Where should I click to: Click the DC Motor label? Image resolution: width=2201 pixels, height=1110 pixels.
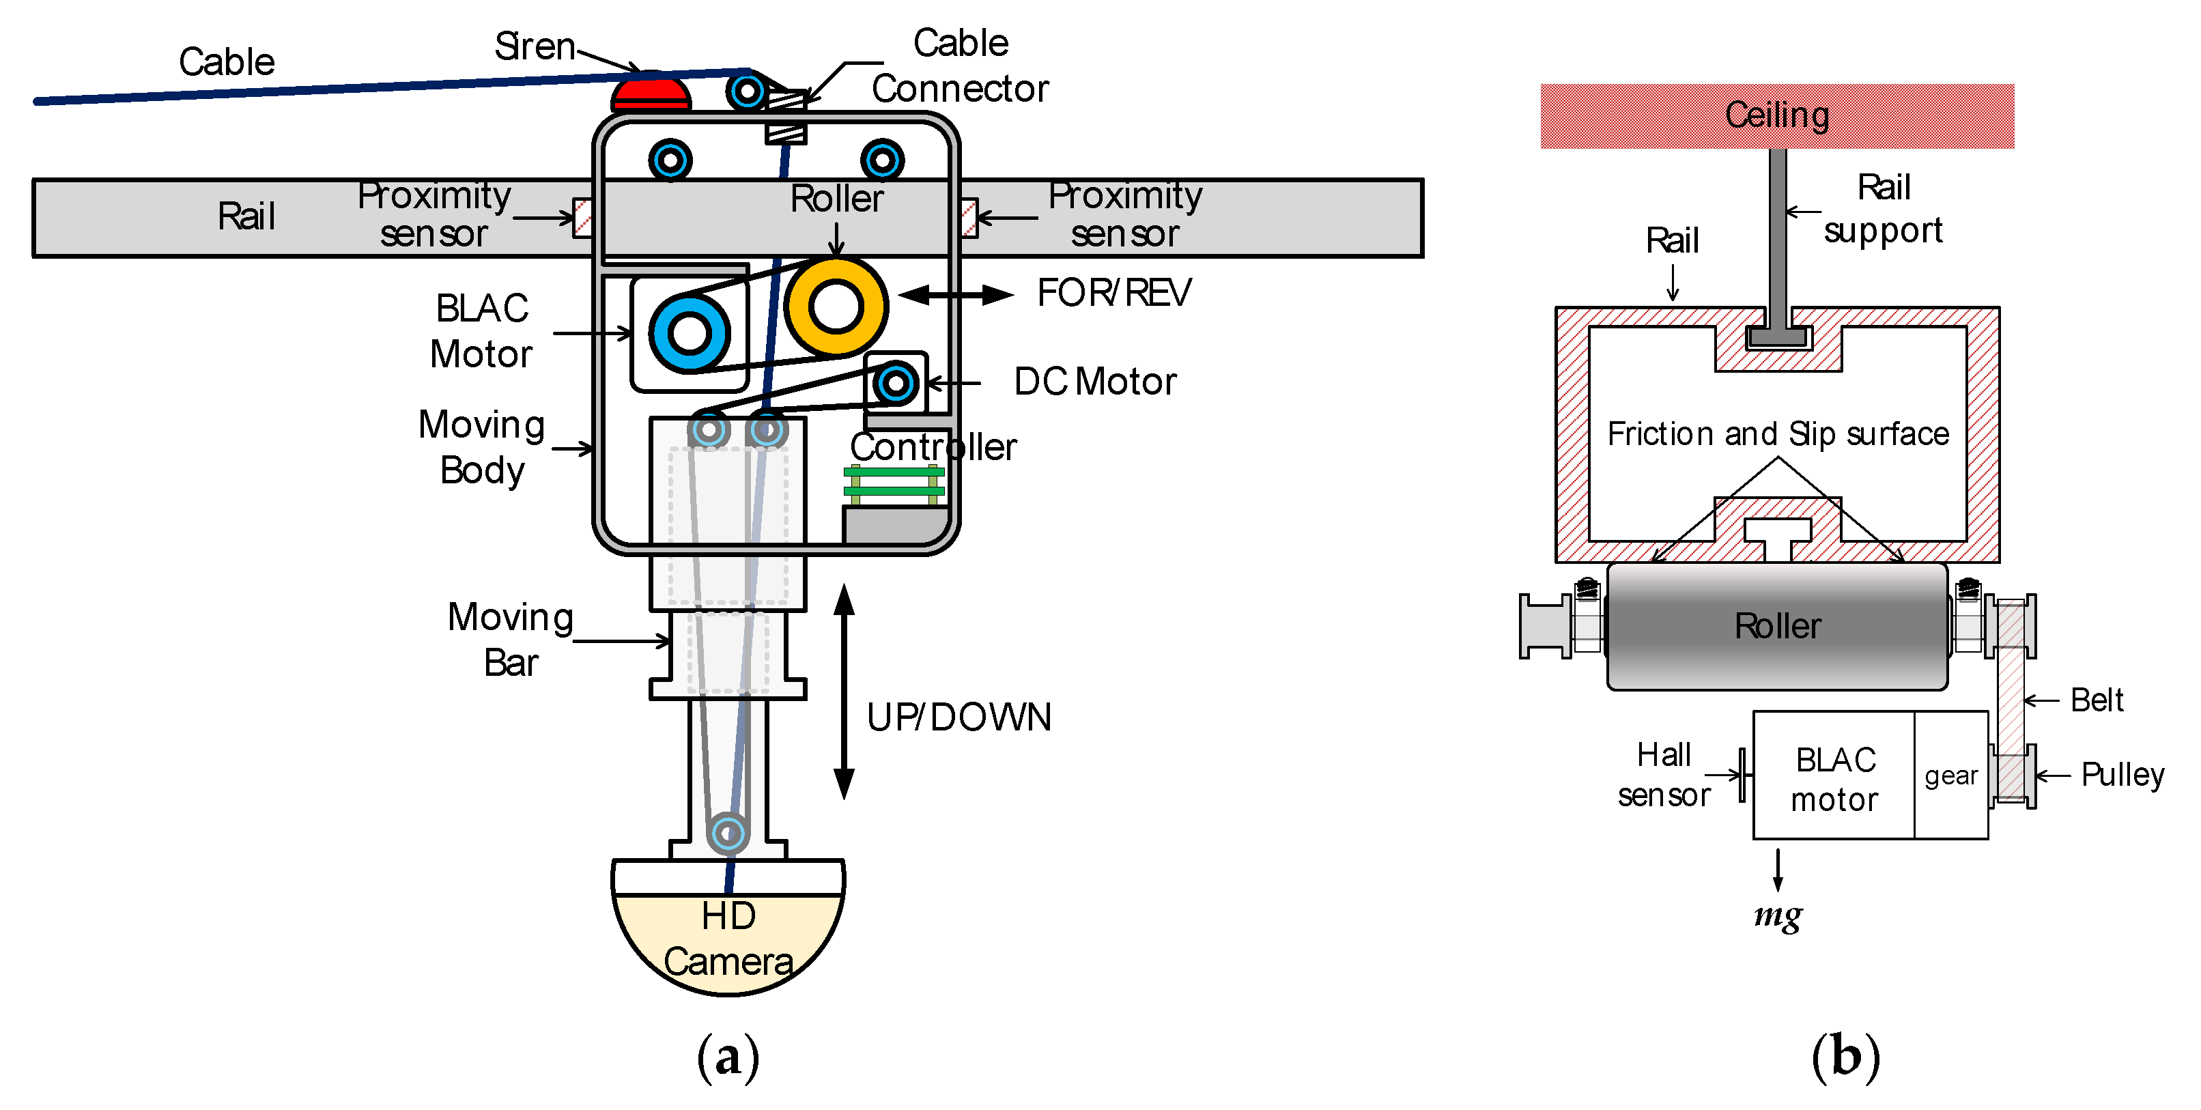(1094, 382)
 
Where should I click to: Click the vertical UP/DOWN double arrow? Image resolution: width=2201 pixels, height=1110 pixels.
(844, 692)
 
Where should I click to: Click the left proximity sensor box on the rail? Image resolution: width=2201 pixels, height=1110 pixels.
(583, 218)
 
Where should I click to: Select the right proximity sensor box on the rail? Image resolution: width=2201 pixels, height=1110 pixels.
(968, 218)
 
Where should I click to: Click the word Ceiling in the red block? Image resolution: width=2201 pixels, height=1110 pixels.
(1777, 115)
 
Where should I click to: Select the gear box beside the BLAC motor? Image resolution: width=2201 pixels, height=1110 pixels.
(1950, 775)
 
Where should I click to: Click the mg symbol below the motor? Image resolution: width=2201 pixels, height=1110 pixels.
(1778, 916)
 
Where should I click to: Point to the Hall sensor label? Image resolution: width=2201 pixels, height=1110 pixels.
(1664, 775)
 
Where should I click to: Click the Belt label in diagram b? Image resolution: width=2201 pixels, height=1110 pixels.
(2097, 700)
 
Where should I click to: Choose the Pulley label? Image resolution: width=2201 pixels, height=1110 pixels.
(2122, 775)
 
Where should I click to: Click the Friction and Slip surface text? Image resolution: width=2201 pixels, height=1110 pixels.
(1777, 434)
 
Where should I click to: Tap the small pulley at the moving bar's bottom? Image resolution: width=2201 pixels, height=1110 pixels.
(728, 832)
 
